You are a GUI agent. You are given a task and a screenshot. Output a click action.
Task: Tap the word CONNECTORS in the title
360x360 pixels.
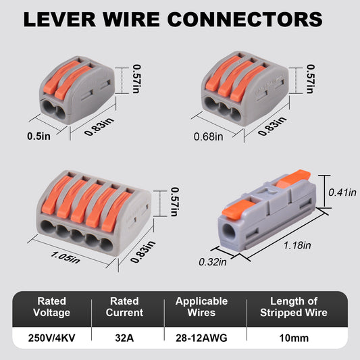256,18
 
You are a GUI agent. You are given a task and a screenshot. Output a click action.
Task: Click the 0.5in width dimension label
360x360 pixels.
39,136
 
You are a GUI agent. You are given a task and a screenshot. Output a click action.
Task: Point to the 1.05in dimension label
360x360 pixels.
65,255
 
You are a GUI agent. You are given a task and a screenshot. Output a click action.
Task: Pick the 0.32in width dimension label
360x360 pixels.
213,261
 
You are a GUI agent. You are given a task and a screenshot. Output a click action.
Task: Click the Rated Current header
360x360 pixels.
125,307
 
